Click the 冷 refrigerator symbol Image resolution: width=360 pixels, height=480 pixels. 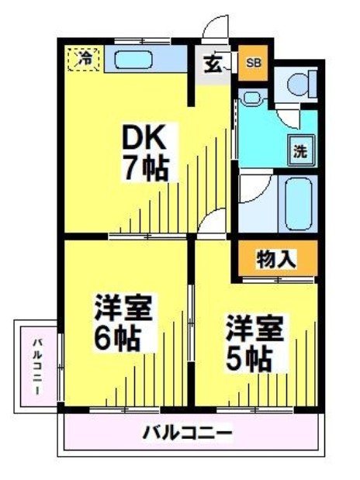[87, 57]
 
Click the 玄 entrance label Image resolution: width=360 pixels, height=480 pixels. [212, 64]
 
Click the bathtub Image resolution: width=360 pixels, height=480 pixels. [298, 203]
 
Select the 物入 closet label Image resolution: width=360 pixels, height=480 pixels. [275, 258]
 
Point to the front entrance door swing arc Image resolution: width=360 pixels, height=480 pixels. [211, 27]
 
